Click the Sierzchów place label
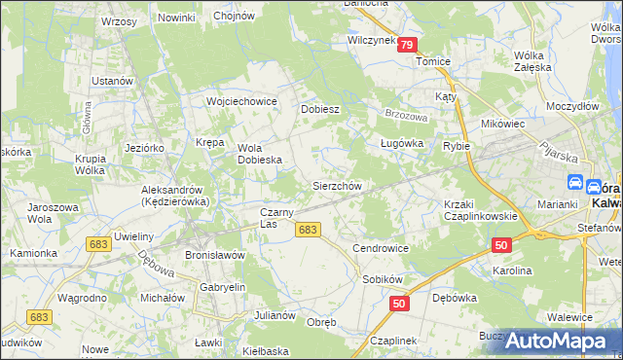(x=337, y=186)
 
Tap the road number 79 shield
(x=407, y=45)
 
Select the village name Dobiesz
(x=319, y=109)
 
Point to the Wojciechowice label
(x=241, y=100)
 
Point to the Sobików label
(x=383, y=278)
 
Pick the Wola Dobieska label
(x=260, y=154)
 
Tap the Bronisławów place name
(x=214, y=254)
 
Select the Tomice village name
(x=433, y=60)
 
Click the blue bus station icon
(x=574, y=184)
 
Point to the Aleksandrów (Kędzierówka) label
(x=171, y=195)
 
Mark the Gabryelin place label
(x=222, y=288)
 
